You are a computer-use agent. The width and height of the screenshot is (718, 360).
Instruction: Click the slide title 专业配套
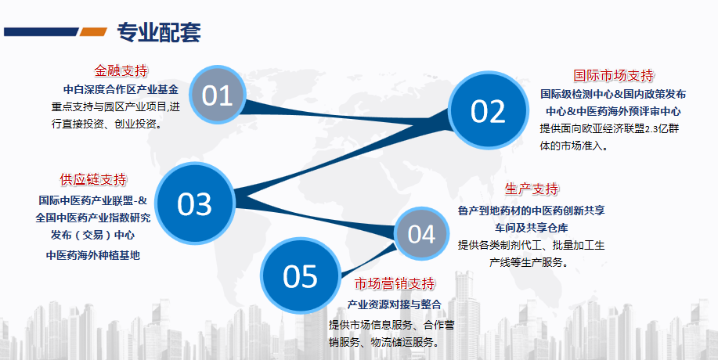159,32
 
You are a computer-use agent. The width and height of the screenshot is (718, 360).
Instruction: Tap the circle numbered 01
218,95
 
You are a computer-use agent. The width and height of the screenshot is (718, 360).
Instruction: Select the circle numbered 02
488,110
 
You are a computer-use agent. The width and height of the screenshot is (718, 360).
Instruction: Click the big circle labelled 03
195,203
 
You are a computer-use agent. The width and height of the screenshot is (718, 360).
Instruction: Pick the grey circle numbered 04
421,234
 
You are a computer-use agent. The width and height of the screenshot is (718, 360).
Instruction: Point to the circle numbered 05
301,275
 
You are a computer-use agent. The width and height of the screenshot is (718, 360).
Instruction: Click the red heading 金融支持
121,70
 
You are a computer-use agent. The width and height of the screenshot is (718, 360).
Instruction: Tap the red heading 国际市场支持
614,75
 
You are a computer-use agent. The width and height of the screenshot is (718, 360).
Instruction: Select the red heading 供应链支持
93,179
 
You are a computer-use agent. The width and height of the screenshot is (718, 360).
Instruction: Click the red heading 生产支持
532,189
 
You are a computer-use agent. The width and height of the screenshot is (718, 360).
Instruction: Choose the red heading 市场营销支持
395,283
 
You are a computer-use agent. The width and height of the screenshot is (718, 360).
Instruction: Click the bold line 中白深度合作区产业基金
121,89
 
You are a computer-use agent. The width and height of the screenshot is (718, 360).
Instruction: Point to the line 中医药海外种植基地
93,255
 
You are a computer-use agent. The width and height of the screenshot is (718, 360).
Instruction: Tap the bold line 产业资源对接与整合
395,304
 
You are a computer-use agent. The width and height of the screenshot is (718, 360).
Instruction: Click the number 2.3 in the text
651,129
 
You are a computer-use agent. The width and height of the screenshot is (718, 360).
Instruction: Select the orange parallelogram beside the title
93,31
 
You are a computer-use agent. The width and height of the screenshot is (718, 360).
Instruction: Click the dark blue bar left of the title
41,31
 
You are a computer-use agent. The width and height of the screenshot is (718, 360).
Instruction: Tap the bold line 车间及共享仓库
531,227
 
